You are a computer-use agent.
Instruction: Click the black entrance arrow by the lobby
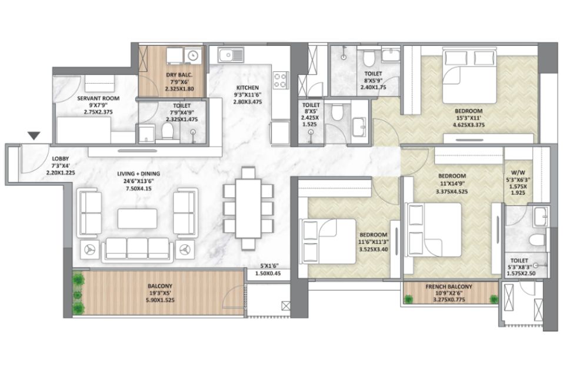pos(34,136)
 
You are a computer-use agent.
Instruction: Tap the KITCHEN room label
pos(248,88)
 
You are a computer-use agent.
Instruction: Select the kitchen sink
pos(231,55)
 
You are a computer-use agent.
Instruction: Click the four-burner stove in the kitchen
pos(281,80)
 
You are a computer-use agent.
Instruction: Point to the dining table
pos(248,208)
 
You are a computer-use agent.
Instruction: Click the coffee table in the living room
pos(137,218)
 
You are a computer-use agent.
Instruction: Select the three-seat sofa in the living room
pos(138,249)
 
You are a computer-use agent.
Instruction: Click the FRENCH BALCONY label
pos(449,287)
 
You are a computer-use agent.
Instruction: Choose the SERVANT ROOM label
pos(98,98)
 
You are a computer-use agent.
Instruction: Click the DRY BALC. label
pos(179,75)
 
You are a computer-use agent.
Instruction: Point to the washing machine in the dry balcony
pos(193,56)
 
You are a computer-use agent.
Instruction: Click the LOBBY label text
pos(61,158)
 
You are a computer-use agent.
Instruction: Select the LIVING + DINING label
pos(139,174)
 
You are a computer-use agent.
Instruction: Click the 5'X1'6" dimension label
pos(269,266)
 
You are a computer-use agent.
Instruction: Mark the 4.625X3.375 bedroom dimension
pos(468,125)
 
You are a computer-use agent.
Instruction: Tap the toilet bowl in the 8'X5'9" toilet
pos(369,59)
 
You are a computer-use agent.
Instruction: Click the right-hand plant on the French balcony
pos(494,299)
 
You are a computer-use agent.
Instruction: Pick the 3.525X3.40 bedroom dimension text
pos(373,249)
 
